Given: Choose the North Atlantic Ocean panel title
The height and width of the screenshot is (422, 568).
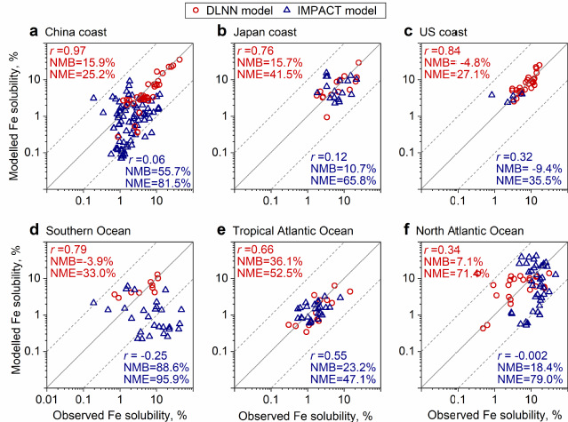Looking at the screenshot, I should (479, 231).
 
